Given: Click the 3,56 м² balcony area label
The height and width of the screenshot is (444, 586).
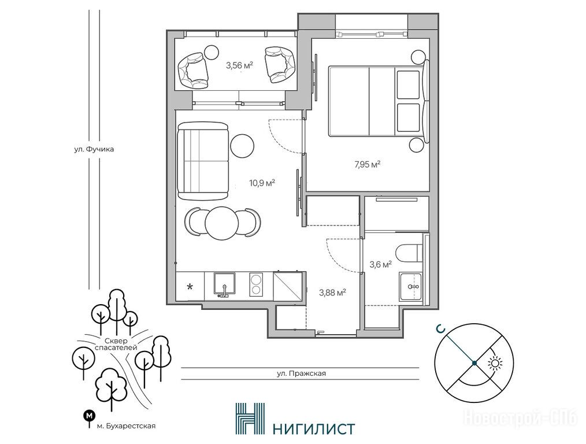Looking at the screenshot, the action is coord(240,66).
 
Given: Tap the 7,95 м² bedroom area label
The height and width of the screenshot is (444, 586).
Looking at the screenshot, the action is coord(368,164).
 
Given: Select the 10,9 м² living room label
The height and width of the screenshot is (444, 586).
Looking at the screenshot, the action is coord(262,183).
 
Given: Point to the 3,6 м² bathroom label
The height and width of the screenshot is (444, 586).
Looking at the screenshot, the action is coord(380,265).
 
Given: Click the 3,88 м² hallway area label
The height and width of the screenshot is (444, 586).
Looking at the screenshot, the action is coord(332,293).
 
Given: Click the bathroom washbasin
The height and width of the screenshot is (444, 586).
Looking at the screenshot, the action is coord(411,287).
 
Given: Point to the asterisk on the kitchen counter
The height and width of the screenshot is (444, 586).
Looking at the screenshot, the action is coord(190,287).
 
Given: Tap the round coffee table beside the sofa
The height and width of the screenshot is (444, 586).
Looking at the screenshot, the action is coord(242,146).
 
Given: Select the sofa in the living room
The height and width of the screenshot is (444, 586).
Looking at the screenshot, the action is coord(203,161).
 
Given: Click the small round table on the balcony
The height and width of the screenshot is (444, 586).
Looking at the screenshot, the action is coord(212,51).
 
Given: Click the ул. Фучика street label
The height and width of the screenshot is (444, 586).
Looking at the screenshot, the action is coord(94,149).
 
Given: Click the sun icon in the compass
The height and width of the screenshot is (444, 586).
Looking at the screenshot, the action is coord(495,363).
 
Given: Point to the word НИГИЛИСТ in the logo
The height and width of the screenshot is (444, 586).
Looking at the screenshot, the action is coord(313,428).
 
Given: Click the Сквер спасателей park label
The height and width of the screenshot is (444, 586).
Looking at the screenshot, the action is coord(116,344).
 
